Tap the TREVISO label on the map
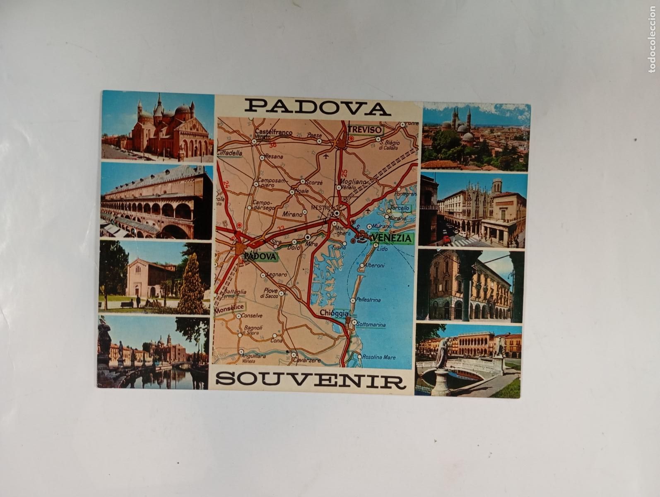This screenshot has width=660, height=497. coord(364,129)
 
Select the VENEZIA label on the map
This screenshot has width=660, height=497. coord(392,238)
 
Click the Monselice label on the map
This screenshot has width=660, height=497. coord(229,309)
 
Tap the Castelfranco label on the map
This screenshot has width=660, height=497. coord(273,133)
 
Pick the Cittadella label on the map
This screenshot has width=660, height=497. coord(229,153)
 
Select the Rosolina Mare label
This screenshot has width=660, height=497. coord(379,357)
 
